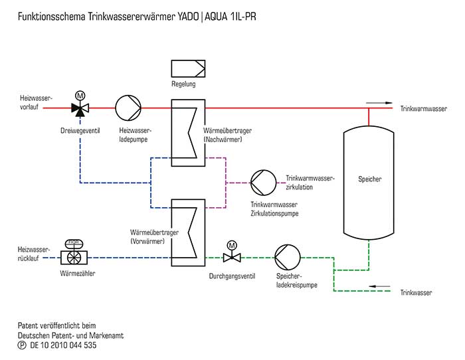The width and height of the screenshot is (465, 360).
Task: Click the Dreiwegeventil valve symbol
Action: [x=80, y=108]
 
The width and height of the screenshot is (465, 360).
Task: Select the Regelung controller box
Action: [x=188, y=69]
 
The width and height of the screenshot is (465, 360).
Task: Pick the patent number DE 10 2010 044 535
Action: [x=66, y=345]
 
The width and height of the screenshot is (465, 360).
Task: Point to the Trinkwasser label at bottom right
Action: [x=417, y=292]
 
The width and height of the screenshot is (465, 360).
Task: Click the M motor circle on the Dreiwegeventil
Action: [x=80, y=96]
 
